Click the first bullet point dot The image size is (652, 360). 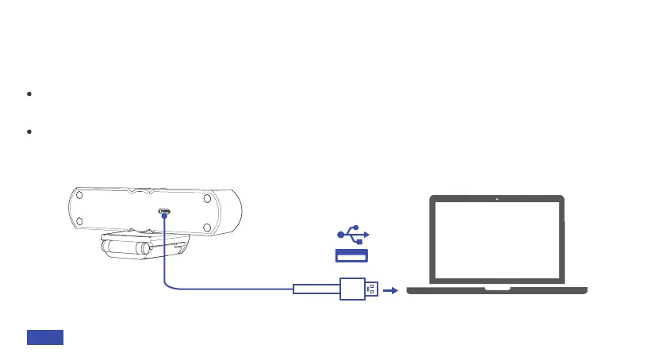coord(29,94)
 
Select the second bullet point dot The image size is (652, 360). coord(29,132)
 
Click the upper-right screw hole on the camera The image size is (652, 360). coord(204,196)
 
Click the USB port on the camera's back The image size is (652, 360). coord(164,212)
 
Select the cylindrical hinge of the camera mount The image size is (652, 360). coord(125,249)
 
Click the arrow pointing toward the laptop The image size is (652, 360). coord(389,290)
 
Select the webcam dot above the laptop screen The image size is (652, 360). coord(496,199)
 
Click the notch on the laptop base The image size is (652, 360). coord(497,289)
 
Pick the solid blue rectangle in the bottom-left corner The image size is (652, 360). coord(45,338)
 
